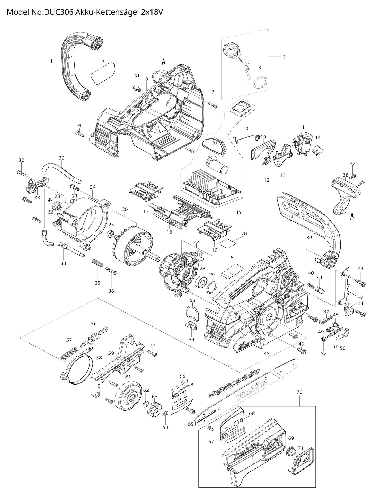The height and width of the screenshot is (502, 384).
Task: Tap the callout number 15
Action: click(239, 212)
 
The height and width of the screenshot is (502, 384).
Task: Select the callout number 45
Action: click(267, 353)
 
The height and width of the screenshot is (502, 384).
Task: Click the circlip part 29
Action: click(212, 288)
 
